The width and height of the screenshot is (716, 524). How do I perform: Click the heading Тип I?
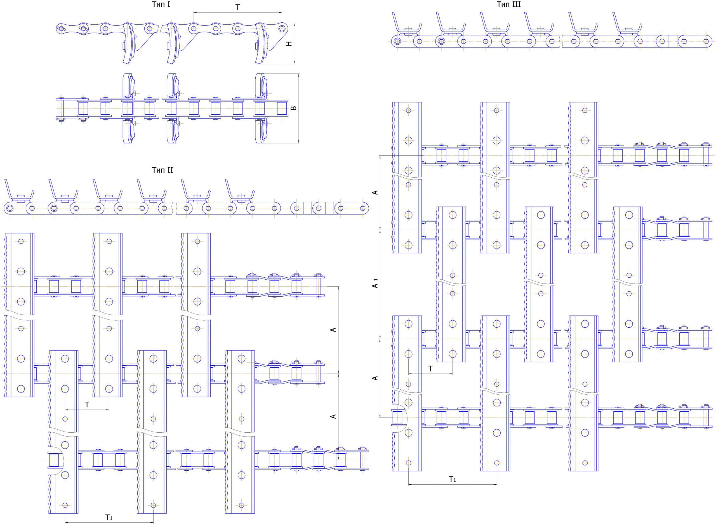pos(161,4)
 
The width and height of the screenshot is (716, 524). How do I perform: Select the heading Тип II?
pos(162,170)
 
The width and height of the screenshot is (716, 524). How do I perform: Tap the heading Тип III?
pos(509,4)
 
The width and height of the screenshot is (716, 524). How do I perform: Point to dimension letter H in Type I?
pos(289,44)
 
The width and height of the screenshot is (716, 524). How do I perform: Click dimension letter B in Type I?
pos(294,108)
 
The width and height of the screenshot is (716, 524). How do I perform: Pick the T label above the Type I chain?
pos(237,7)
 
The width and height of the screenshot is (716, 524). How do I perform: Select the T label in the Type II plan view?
pos(87,404)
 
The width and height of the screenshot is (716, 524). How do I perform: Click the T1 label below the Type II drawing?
pos(109,517)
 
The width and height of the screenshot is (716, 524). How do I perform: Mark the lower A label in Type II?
pos(333,416)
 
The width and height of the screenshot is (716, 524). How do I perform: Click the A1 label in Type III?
pos(375,283)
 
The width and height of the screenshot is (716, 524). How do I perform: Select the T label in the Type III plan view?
pos(430,369)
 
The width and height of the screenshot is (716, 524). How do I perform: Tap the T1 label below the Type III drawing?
pos(452,479)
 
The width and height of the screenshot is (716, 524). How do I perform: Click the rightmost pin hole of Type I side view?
pos(282,28)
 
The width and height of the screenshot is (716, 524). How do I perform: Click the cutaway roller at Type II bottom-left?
pos(54,460)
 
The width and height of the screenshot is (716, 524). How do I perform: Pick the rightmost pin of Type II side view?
pos(362,208)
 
